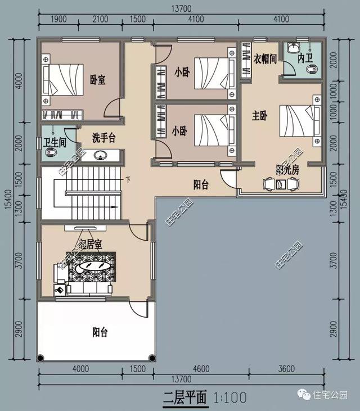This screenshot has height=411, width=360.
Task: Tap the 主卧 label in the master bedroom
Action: click(x=259, y=116)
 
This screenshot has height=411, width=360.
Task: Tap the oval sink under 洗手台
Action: click(x=101, y=156)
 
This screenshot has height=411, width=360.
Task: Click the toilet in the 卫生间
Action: click(x=52, y=153)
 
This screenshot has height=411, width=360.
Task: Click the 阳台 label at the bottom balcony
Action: click(x=100, y=332)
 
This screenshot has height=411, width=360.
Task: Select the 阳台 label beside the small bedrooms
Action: click(x=201, y=184)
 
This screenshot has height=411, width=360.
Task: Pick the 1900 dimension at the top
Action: click(x=58, y=19)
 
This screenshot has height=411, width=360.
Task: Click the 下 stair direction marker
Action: click(x=128, y=180)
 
